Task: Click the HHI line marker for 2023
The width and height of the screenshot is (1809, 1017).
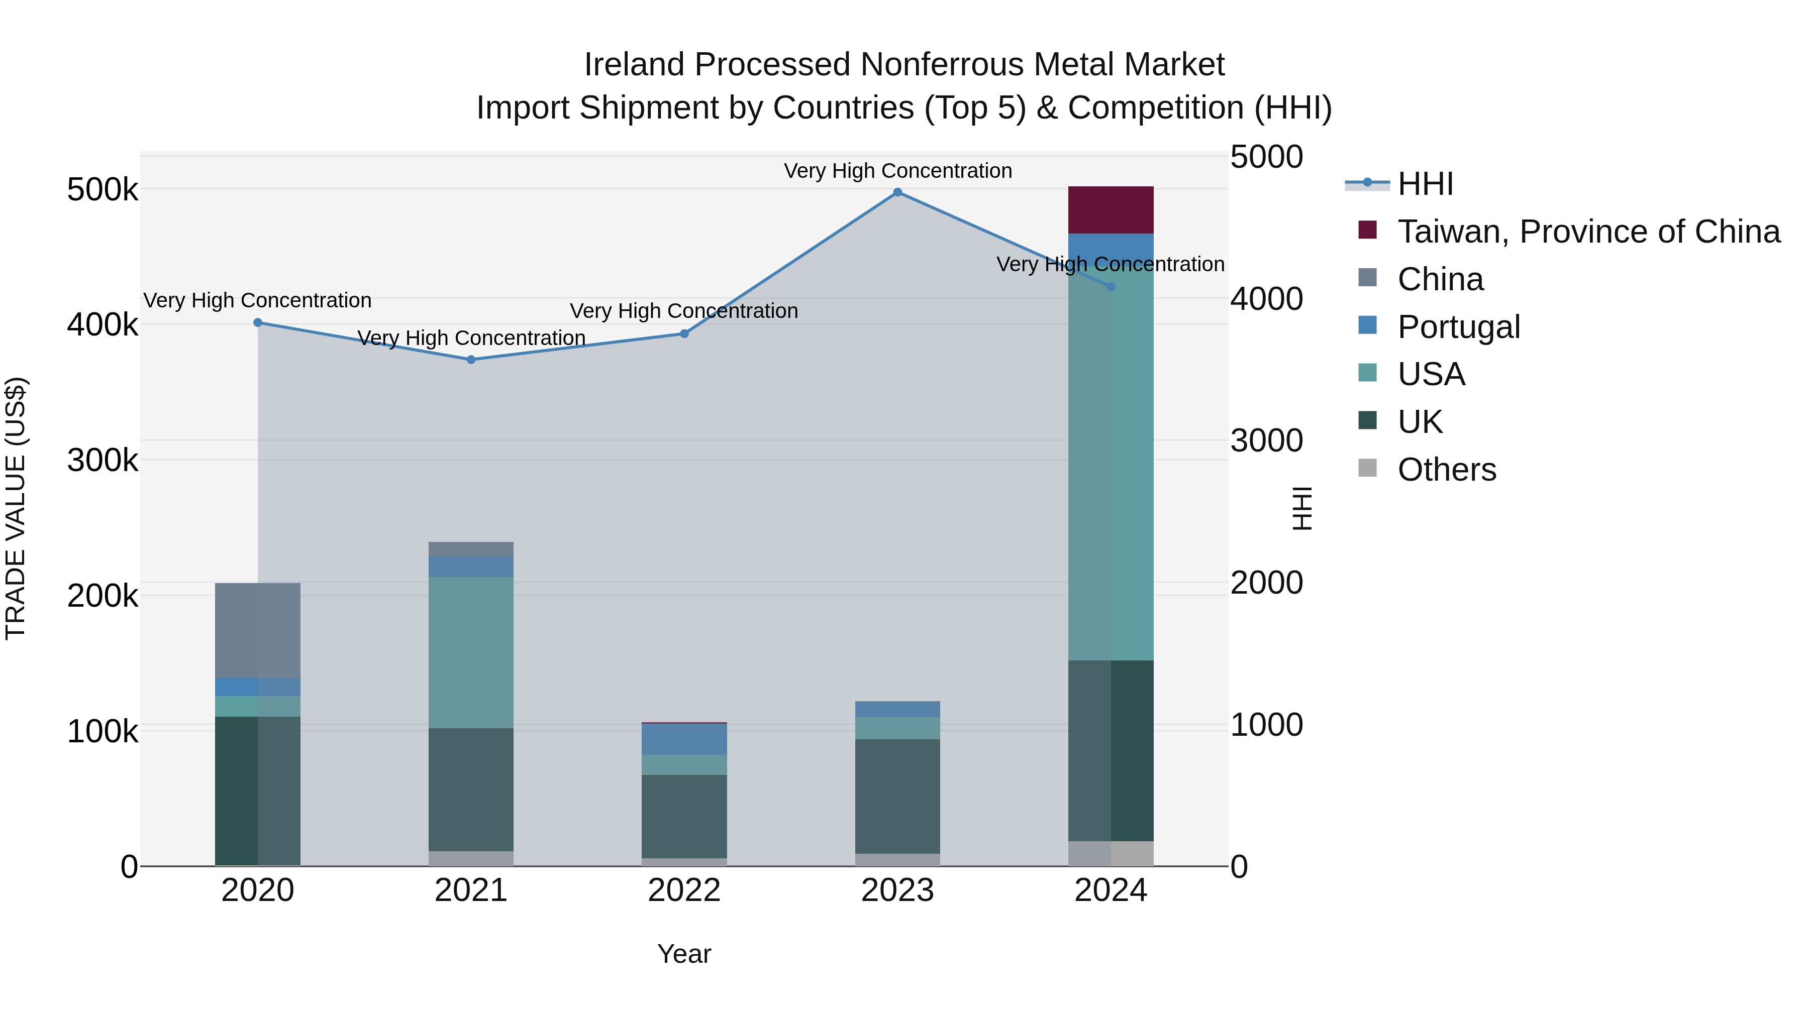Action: tap(897, 192)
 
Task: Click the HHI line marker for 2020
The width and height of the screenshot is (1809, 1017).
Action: tap(258, 323)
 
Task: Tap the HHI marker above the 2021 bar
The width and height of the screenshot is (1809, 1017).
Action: tap(471, 360)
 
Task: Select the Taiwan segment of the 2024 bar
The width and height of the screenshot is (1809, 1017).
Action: tap(1110, 210)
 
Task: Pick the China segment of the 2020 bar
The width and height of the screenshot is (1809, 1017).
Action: tap(258, 630)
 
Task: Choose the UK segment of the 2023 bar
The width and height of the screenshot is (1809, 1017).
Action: tap(897, 796)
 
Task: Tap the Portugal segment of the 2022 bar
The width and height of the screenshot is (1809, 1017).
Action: tap(684, 739)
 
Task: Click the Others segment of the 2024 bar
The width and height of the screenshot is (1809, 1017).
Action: tap(1110, 853)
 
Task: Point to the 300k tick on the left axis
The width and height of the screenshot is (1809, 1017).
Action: tap(103, 461)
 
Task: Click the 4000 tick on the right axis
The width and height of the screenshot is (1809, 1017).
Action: tap(1266, 299)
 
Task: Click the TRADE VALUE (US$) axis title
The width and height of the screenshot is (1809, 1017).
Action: tap(16, 508)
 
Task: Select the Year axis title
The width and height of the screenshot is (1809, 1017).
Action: tap(684, 954)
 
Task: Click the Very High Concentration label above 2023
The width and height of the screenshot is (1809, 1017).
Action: tap(897, 171)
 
